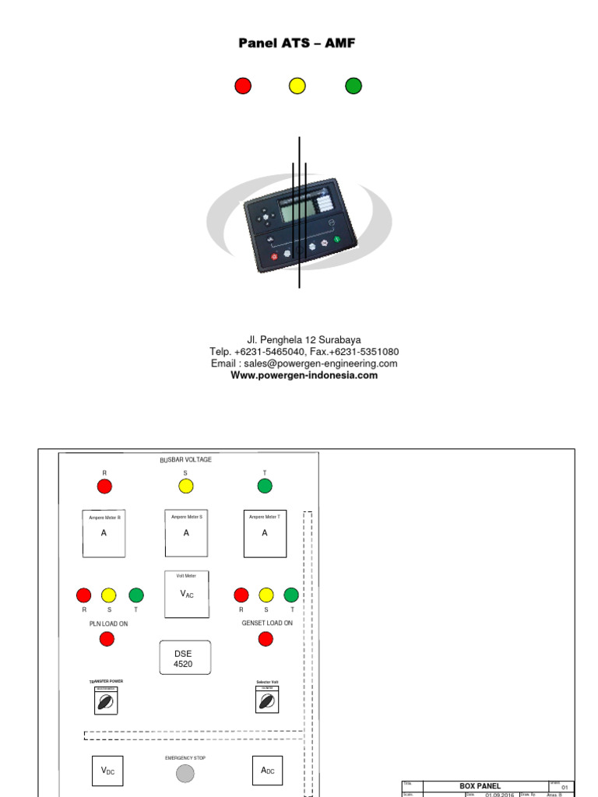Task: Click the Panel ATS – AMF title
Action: (x=297, y=44)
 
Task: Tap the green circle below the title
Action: (x=354, y=86)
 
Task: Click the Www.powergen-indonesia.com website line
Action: (x=304, y=375)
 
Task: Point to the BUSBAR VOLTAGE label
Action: (x=185, y=460)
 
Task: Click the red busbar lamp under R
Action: (x=104, y=486)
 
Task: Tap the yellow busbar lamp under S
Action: (x=185, y=486)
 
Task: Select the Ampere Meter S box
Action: (x=186, y=533)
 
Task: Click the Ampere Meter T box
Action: (x=265, y=533)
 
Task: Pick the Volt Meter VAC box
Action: (x=186, y=594)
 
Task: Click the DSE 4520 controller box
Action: (x=185, y=658)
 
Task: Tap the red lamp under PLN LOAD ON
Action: (x=107, y=639)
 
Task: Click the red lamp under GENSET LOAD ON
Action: (x=266, y=639)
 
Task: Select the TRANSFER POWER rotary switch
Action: (x=106, y=701)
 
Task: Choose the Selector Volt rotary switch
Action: (x=267, y=701)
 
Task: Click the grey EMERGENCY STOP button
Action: (x=185, y=773)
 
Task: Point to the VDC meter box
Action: (x=108, y=771)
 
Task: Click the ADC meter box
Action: (x=267, y=771)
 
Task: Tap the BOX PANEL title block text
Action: (x=480, y=786)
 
